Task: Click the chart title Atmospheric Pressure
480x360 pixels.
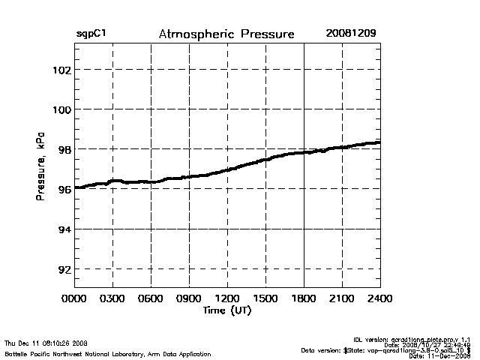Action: (226, 34)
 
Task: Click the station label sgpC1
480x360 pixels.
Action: (91, 34)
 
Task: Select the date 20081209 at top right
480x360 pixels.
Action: (351, 34)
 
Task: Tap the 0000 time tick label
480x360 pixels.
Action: (74, 299)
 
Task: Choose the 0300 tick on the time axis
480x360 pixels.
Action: (112, 299)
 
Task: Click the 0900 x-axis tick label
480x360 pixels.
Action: (189, 299)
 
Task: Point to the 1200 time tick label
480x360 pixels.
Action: (227, 299)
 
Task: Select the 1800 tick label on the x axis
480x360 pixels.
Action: (304, 299)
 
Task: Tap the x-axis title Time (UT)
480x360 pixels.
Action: (227, 310)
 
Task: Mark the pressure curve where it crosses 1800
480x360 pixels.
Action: (304, 152)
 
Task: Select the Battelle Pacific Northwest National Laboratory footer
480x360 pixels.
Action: (107, 353)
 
